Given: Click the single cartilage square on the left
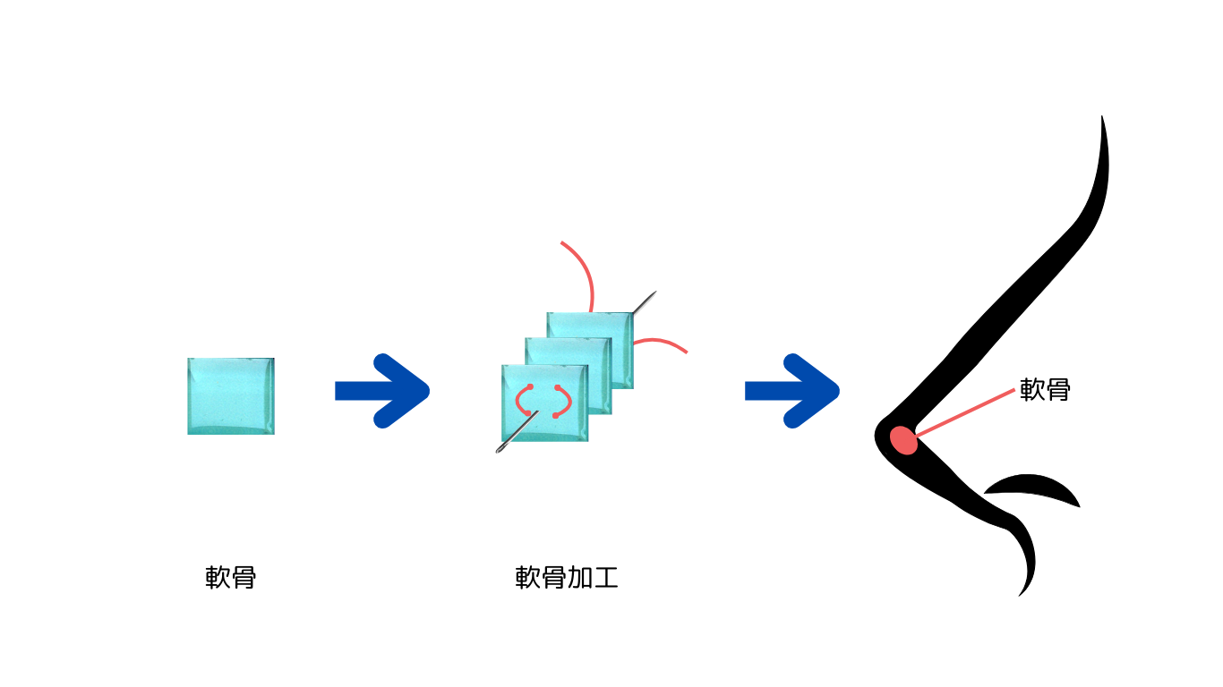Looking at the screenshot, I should coord(231,396).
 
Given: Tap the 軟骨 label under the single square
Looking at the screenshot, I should coord(231,578).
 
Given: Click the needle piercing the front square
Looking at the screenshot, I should coord(514,435).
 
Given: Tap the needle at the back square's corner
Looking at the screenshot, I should coord(645,301).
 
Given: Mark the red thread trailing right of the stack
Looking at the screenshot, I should coord(663,342).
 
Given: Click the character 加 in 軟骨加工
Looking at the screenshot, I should coord(579,578).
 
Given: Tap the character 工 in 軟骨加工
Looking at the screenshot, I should coord(605,578).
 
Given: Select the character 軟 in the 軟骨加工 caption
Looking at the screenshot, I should coord(528,578).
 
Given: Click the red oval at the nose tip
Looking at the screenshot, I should coord(904,440).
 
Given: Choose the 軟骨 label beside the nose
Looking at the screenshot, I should coord(1045,390).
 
